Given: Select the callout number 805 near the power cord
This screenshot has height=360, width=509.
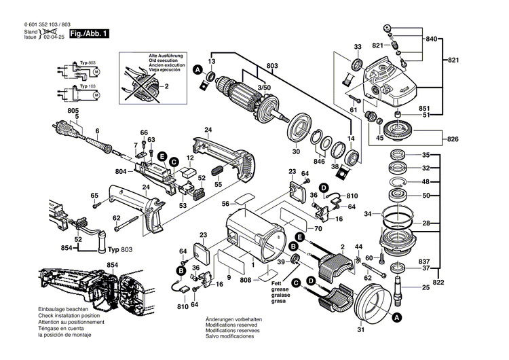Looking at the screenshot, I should (x=73, y=111).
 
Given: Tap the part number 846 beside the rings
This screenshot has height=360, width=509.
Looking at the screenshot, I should (x=318, y=163).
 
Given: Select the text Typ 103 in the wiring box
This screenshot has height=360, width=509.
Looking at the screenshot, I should (x=87, y=87).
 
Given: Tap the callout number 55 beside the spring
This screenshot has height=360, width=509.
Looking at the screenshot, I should (x=218, y=184).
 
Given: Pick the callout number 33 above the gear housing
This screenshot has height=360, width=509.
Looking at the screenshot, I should (x=357, y=46).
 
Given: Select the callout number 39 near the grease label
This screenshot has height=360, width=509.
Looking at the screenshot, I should (x=280, y=262).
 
